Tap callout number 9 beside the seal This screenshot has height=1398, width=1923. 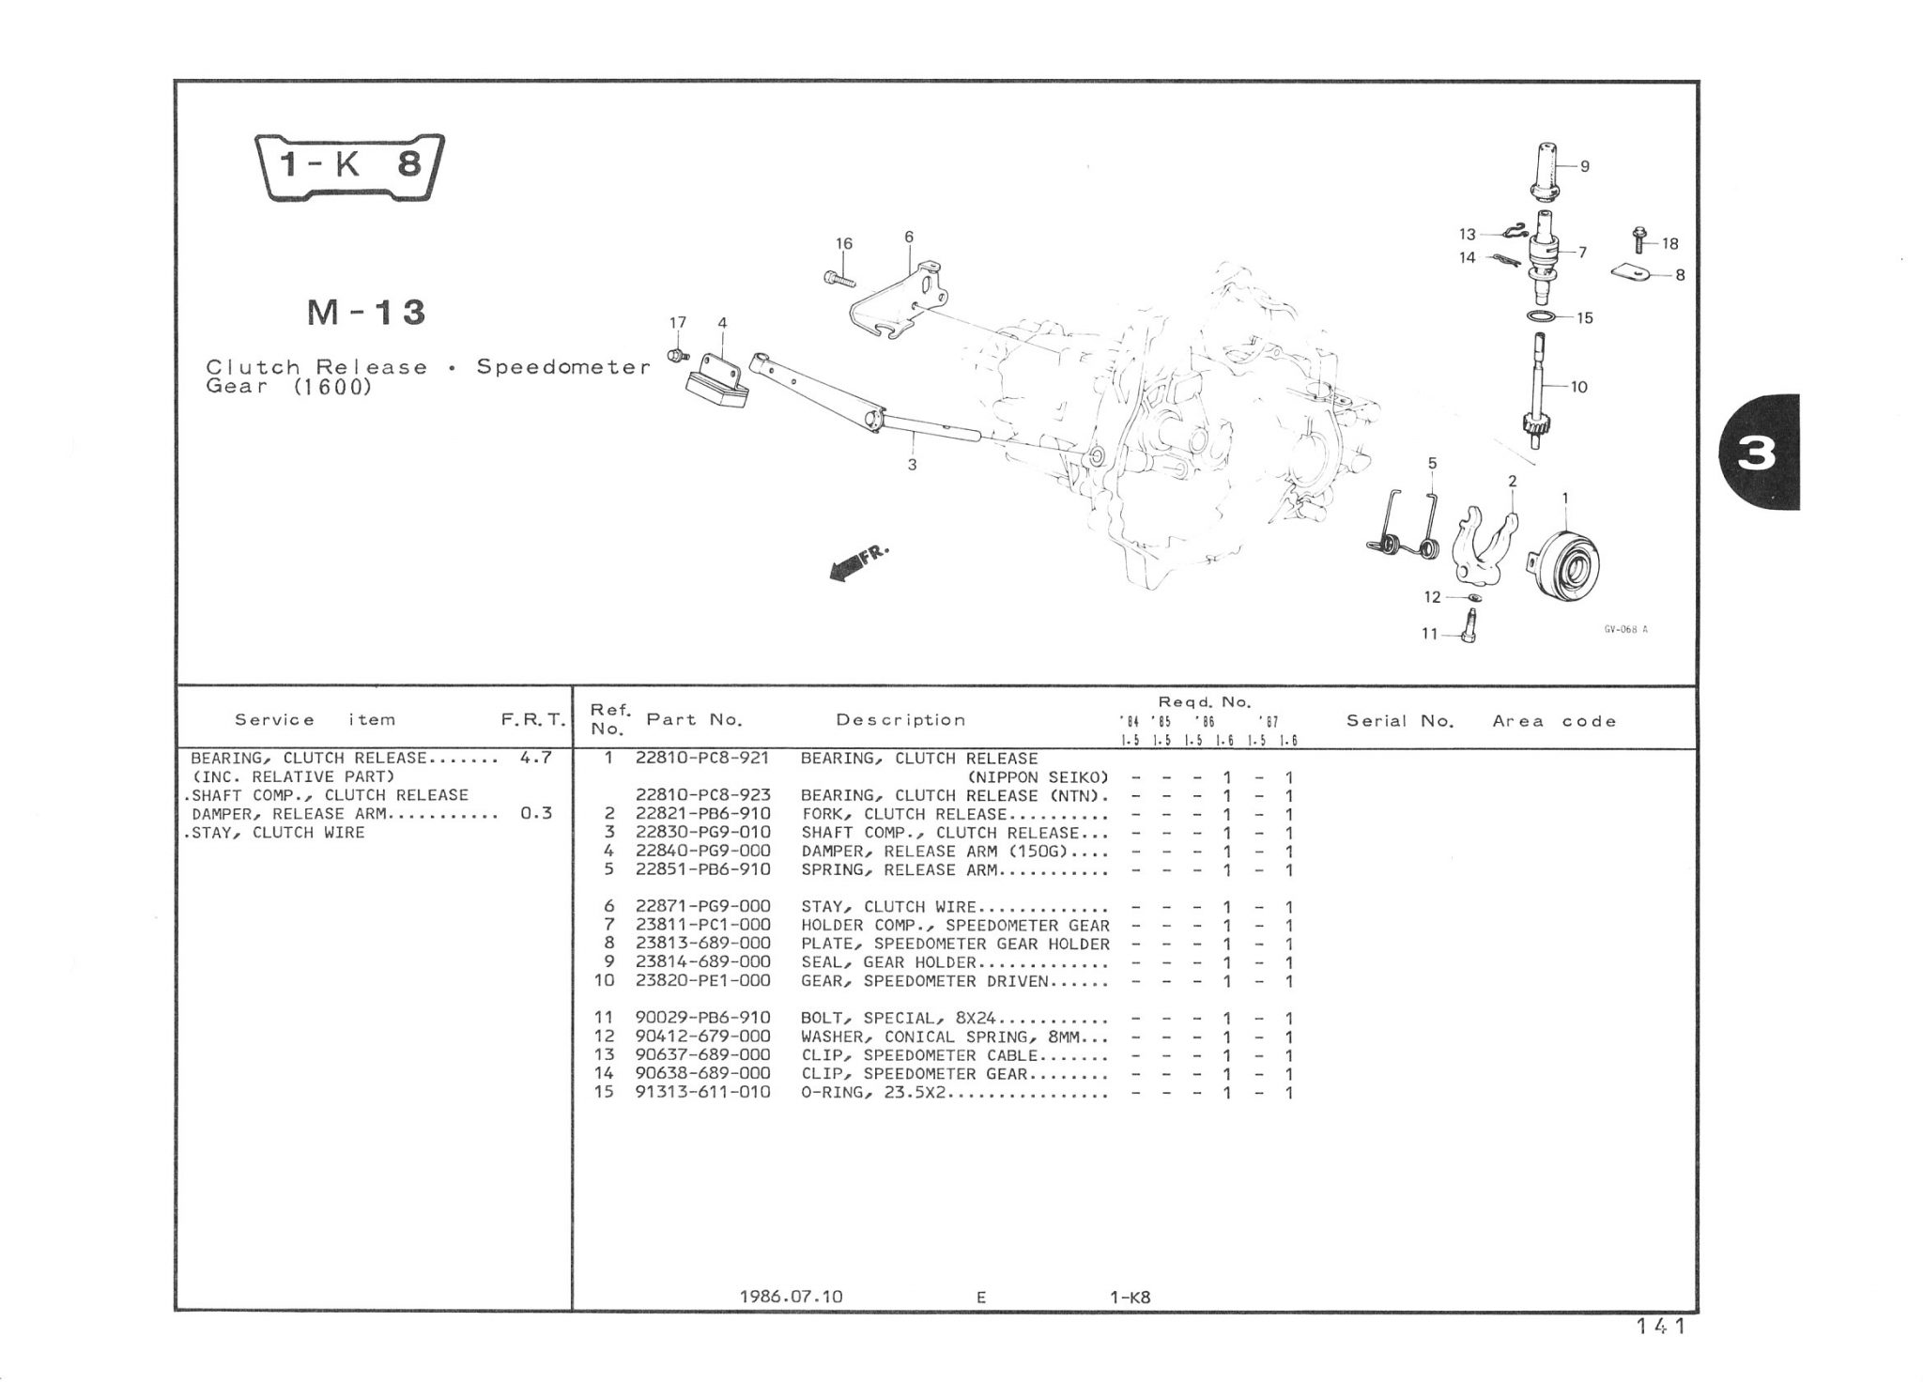tap(1585, 167)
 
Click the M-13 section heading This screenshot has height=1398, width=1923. tap(366, 313)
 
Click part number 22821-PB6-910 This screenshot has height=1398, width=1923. tap(702, 814)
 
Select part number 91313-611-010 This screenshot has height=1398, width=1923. tap(702, 1092)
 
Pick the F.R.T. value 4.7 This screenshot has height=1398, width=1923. tap(535, 758)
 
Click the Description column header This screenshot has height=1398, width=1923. tap(900, 720)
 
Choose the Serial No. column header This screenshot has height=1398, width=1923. tap(1400, 721)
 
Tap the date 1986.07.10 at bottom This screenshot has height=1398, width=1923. tap(792, 1297)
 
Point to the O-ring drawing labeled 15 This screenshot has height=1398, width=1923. tap(1544, 316)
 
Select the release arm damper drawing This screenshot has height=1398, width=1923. tap(718, 382)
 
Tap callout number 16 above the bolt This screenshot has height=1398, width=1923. tap(844, 244)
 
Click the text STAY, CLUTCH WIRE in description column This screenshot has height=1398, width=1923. tap(888, 907)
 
